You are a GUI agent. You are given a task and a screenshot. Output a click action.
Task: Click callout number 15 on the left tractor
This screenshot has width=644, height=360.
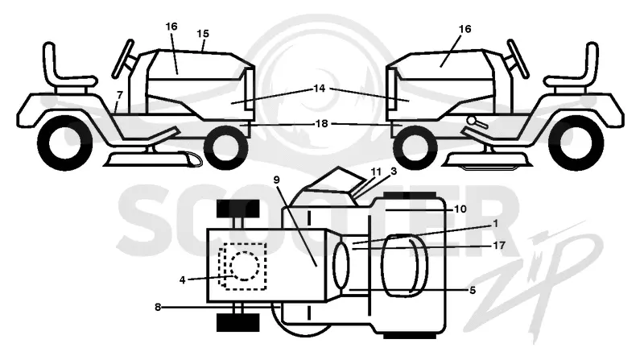pyautogui.click(x=203, y=34)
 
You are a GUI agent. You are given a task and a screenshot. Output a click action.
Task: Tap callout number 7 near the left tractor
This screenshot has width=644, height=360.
pyautogui.click(x=119, y=95)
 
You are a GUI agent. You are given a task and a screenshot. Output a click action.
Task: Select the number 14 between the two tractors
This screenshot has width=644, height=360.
pyautogui.click(x=319, y=89)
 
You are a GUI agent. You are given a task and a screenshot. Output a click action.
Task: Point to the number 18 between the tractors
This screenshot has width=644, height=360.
pyautogui.click(x=321, y=123)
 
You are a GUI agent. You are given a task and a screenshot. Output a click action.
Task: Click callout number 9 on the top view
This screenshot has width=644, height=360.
pyautogui.click(x=276, y=180)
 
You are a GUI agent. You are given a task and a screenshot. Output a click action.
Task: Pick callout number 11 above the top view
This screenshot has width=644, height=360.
pyautogui.click(x=376, y=172)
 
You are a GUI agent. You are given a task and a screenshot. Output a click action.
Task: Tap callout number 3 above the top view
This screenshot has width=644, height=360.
pyautogui.click(x=394, y=172)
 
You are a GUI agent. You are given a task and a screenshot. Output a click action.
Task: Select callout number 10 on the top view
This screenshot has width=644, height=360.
pyautogui.click(x=460, y=209)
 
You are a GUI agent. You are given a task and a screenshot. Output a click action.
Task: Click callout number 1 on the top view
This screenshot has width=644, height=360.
pyautogui.click(x=496, y=224)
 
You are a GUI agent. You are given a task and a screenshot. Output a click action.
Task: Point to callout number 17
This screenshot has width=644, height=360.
pyautogui.click(x=499, y=246)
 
